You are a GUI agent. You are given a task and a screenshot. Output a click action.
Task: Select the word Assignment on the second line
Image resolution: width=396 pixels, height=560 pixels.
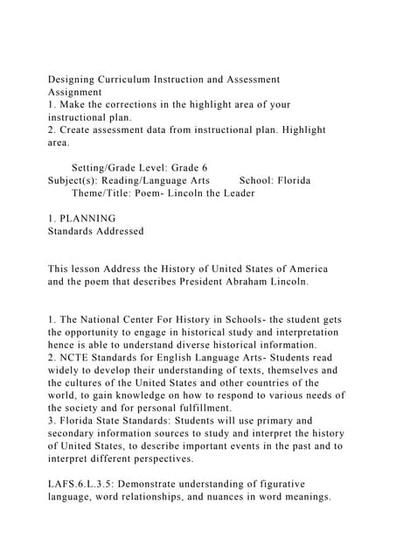coord(75,92)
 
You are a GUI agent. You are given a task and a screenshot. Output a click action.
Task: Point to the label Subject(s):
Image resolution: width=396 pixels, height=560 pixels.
coord(76,180)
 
